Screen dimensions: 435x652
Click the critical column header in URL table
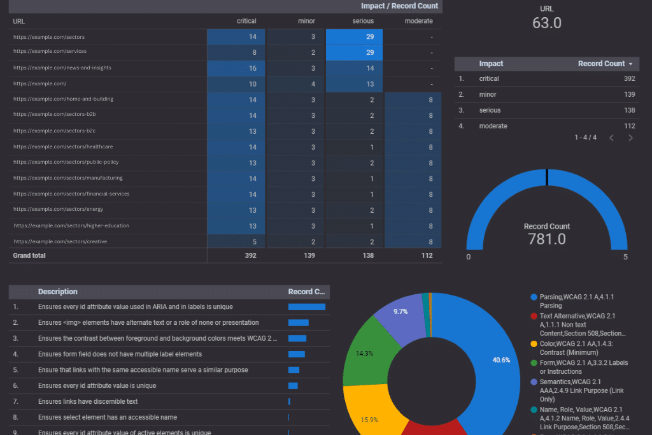pos(246,21)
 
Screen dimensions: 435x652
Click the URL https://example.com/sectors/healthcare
pos(63,146)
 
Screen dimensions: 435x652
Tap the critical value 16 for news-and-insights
pos(252,68)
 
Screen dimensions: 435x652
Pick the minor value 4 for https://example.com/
pos(313,84)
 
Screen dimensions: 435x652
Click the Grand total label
pos(29,255)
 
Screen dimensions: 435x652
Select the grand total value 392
pos(250,255)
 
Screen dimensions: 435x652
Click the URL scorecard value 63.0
pos(546,23)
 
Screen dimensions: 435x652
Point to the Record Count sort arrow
pos(630,64)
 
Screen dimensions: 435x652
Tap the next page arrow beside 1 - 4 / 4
pos(630,138)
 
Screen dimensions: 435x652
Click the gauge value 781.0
pos(546,239)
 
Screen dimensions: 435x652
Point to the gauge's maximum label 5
pos(625,257)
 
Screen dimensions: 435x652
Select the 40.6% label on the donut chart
pos(501,360)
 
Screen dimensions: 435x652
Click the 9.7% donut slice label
pos(400,311)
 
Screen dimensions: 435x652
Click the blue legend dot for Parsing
pos(534,297)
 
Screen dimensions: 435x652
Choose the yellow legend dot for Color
pos(534,344)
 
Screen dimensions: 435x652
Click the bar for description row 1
pos(306,307)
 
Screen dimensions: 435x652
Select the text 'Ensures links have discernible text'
pos(88,401)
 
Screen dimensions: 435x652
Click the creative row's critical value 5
pos(253,241)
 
